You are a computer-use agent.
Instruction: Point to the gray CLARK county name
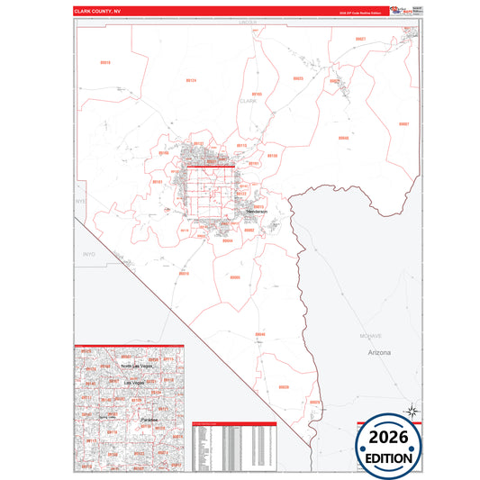pos(249,102)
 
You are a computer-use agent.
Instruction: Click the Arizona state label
pos(379,353)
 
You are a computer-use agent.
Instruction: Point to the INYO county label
pos(87,255)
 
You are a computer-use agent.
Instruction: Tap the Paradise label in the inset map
pos(149,420)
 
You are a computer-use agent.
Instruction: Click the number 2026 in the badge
pos(391,437)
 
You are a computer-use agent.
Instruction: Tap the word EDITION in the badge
pos(391,458)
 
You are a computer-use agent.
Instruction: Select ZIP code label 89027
pos(360,40)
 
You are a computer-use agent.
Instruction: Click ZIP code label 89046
pos(260,334)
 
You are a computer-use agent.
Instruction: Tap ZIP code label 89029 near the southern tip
pos(314,401)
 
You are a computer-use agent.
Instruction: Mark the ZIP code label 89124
pos(191,81)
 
